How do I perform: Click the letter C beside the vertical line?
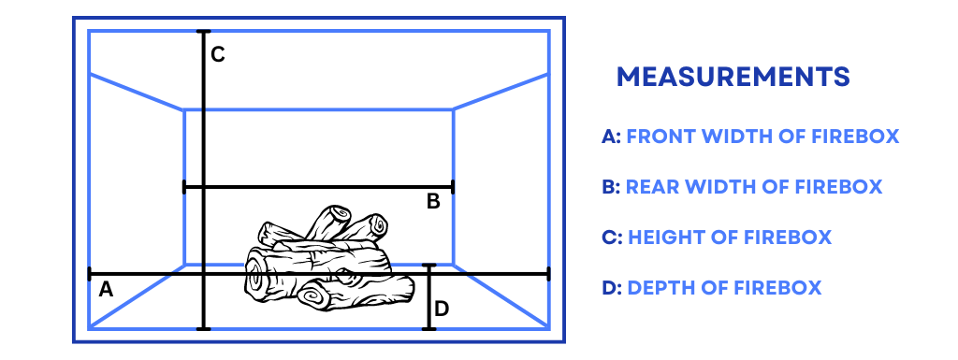(217, 55)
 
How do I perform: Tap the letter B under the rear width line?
(433, 201)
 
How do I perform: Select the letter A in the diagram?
(106, 289)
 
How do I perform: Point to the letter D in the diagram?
(442, 310)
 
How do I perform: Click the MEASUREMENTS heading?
(733, 77)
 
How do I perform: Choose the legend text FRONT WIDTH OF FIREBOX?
(763, 137)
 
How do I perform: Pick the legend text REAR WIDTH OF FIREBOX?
(755, 186)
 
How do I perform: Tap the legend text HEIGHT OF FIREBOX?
(730, 237)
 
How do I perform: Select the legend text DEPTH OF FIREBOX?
(725, 287)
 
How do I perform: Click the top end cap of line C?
(203, 31)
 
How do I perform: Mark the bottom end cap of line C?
(203, 329)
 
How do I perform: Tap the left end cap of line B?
(184, 187)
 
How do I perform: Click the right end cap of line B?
(453, 187)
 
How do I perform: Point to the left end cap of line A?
(90, 274)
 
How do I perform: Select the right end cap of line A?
(548, 274)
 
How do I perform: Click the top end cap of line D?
(429, 266)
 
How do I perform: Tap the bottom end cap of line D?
(429, 329)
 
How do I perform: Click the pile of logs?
(328, 259)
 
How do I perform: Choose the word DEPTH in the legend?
(659, 287)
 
